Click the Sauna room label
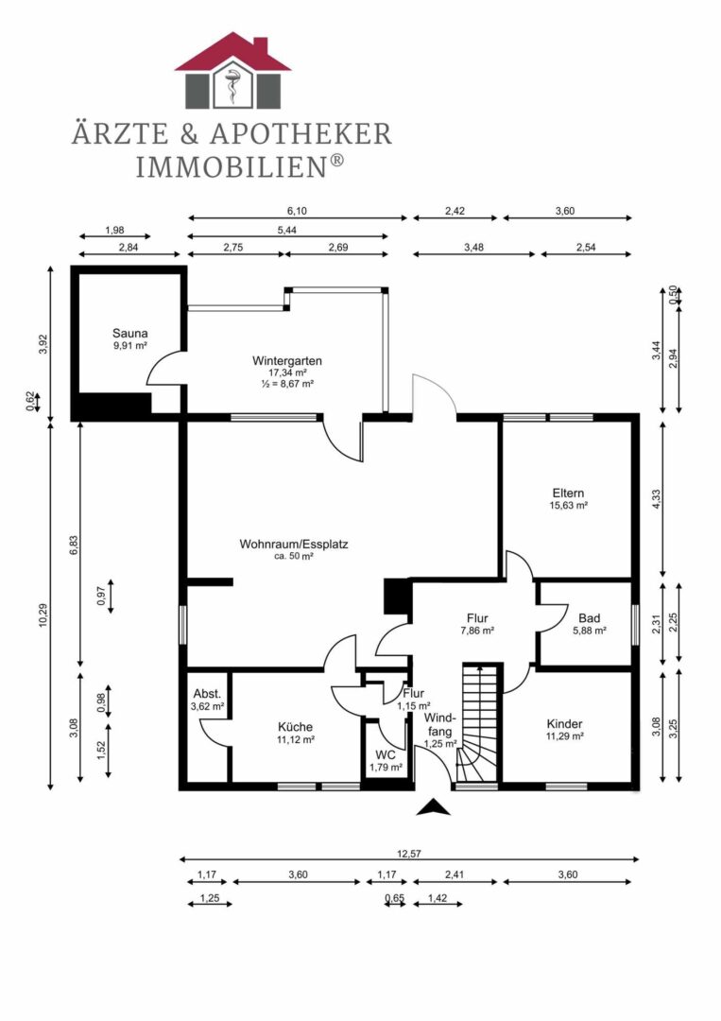[x=129, y=334]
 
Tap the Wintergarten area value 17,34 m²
[x=287, y=372]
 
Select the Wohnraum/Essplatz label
[x=294, y=544]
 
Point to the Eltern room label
[x=568, y=493]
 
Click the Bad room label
[x=589, y=618]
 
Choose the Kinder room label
[x=564, y=724]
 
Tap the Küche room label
[x=295, y=727]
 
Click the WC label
[x=386, y=755]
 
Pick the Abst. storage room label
[x=207, y=694]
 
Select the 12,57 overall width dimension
[x=408, y=855]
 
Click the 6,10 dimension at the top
[x=297, y=211]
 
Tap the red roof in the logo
[x=233, y=53]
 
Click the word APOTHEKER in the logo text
[x=300, y=134]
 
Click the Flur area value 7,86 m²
[x=477, y=631]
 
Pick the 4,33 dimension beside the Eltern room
[x=656, y=499]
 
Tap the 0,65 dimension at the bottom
[x=394, y=899]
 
